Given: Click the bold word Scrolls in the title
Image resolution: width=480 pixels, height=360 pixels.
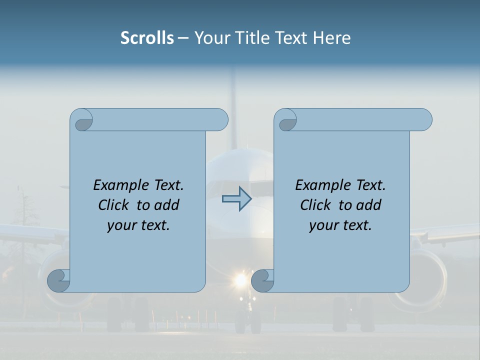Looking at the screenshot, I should (x=147, y=38).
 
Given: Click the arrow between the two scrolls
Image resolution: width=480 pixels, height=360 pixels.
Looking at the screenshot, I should (x=236, y=198).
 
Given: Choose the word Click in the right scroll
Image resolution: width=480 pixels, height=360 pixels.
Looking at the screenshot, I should (x=315, y=205).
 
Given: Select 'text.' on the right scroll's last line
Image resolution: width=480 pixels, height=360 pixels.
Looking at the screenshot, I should (x=356, y=225).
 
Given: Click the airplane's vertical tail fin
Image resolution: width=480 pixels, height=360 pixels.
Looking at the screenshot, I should (x=232, y=100).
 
